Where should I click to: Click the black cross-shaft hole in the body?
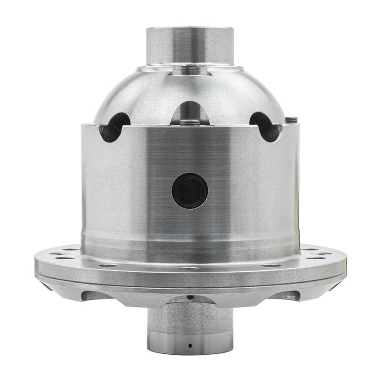coord(190,190)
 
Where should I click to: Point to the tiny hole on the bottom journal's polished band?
coord(190,344)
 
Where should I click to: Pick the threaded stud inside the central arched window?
coord(190,121)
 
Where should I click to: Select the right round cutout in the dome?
coord(265,126)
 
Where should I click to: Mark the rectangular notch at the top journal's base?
coord(190,70)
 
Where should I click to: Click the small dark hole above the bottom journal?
coord(190,297)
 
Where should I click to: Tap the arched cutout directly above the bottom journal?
coord(190,301)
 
